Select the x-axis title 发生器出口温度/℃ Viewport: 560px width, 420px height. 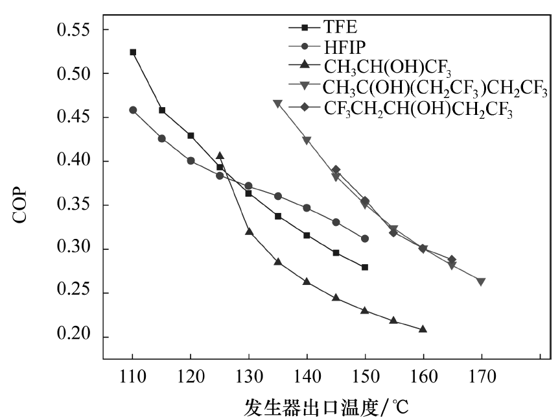click(326, 407)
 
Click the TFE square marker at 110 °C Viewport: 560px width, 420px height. click(133, 52)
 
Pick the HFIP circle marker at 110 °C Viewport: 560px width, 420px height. click(133, 110)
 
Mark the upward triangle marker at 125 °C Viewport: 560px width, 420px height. click(220, 156)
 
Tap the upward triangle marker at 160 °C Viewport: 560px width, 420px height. click(423, 329)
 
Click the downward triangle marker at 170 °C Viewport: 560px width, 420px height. click(481, 281)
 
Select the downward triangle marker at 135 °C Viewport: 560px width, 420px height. click(277, 103)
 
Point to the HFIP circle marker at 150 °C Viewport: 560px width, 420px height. click(365, 238)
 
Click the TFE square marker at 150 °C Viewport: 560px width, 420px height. click(365, 267)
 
